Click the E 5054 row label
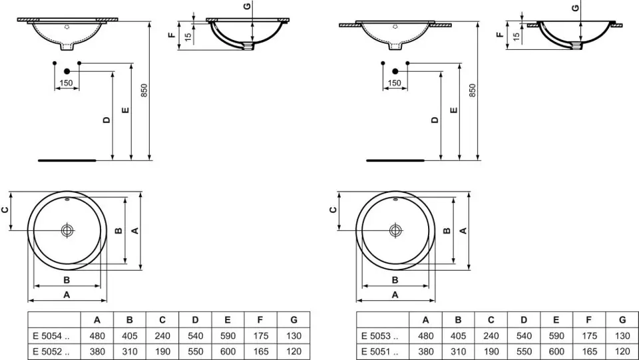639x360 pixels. click(x=47, y=336)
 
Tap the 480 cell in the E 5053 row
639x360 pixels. click(x=426, y=336)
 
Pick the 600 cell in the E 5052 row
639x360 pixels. click(x=228, y=351)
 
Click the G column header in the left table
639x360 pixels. click(x=294, y=320)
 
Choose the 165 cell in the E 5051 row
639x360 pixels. click(x=589, y=351)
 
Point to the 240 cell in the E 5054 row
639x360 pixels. click(x=162, y=336)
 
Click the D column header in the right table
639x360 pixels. click(x=524, y=320)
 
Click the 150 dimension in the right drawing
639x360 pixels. click(x=395, y=83)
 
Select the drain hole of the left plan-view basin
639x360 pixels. click(x=67, y=230)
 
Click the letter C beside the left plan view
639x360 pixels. click(x=6, y=210)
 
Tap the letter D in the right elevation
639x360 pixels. click(x=435, y=120)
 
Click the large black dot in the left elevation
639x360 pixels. click(x=67, y=71)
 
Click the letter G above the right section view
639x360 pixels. click(x=575, y=7)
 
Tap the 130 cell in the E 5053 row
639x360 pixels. click(x=622, y=336)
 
